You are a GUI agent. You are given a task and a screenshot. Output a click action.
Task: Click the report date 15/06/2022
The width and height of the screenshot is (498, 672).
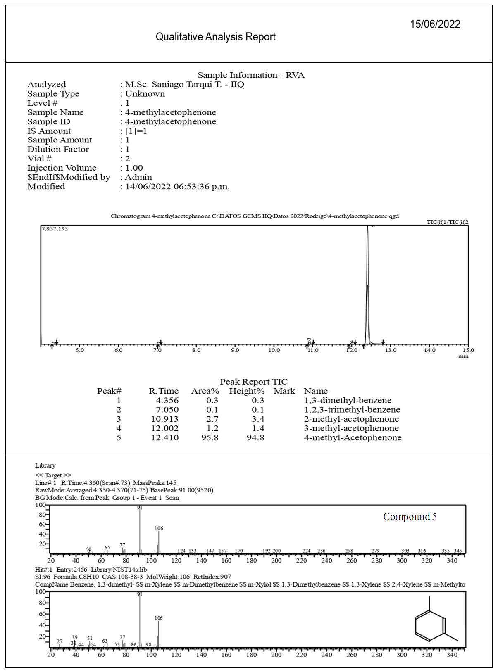tap(435, 24)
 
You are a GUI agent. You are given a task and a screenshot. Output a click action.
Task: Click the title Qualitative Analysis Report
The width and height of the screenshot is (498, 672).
tap(215, 37)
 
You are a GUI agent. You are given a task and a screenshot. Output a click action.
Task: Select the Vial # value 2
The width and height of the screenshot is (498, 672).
tap(128, 159)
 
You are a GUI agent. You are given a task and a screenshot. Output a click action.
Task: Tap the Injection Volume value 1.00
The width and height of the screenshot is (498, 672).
tap(134, 168)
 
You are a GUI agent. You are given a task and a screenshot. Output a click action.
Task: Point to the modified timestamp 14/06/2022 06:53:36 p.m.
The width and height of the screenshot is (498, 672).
tap(177, 187)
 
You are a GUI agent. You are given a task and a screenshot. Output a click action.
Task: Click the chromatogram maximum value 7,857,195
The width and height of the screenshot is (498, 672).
tap(55, 229)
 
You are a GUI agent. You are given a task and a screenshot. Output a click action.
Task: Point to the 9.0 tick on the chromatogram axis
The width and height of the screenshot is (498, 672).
tap(235, 350)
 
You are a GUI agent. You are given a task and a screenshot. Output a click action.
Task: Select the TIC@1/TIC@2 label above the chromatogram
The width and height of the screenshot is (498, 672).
tap(447, 222)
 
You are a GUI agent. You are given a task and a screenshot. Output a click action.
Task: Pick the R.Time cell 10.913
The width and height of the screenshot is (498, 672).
tap(164, 419)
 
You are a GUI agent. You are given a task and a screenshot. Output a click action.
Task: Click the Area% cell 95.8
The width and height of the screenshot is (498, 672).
tap(210, 438)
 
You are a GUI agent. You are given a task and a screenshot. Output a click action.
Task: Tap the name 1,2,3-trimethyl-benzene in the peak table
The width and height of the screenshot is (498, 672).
tap(352, 410)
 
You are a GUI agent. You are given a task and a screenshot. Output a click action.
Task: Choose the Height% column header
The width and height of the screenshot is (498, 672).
tap(247, 391)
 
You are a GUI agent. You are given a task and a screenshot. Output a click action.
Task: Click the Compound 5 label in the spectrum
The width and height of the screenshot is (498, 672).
tap(410, 517)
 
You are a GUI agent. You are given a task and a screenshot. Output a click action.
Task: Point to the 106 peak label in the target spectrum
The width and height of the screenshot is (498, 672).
tap(159, 528)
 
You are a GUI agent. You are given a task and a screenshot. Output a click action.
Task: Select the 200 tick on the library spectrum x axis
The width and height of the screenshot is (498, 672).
tap(276, 655)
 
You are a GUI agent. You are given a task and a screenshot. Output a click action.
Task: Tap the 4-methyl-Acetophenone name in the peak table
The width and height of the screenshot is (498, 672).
tap(353, 438)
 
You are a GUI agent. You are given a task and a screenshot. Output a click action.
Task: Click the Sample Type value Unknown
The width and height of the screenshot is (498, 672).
tap(145, 94)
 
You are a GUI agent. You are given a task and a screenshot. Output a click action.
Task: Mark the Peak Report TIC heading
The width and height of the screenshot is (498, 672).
tap(253, 382)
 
